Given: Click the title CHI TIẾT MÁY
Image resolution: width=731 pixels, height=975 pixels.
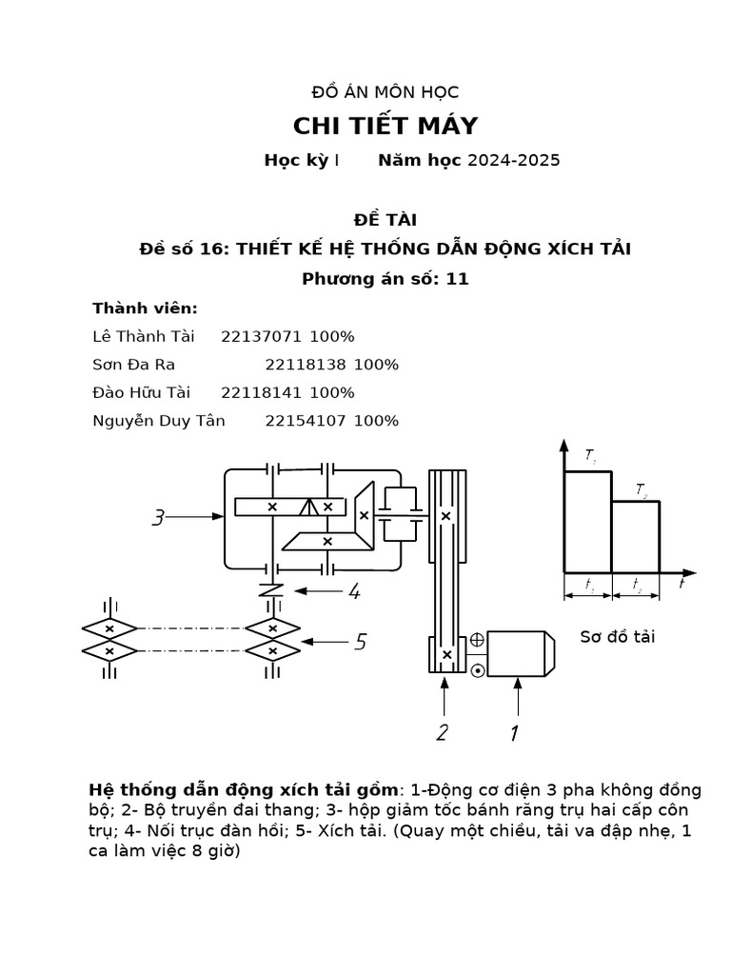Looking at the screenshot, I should tap(385, 126).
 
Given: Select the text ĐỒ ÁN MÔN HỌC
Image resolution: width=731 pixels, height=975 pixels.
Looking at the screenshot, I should tap(385, 92).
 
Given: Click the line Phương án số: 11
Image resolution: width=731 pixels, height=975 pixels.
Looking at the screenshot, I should tap(385, 279).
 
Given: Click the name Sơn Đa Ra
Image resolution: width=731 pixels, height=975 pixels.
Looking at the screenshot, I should tap(133, 365).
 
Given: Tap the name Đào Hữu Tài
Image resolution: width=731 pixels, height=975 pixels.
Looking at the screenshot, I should tap(141, 392).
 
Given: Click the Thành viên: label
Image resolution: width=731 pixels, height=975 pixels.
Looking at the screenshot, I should tap(145, 308).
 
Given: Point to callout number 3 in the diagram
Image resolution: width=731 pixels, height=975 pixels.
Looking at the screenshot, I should tap(159, 518).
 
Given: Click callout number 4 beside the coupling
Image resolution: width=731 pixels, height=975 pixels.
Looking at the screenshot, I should tap(353, 592).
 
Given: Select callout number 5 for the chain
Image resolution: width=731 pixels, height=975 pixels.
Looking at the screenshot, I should tap(360, 643).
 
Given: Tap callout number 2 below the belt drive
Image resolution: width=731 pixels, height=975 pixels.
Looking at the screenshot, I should tap(442, 732).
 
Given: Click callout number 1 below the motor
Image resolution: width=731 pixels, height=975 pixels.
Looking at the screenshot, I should tap(514, 732).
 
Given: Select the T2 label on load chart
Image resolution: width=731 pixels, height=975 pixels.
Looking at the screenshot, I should tap(642, 490).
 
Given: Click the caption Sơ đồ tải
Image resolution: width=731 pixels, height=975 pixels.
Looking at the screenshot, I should tap(618, 636).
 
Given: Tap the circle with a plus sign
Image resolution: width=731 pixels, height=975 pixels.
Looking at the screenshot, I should tap(477, 640).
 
